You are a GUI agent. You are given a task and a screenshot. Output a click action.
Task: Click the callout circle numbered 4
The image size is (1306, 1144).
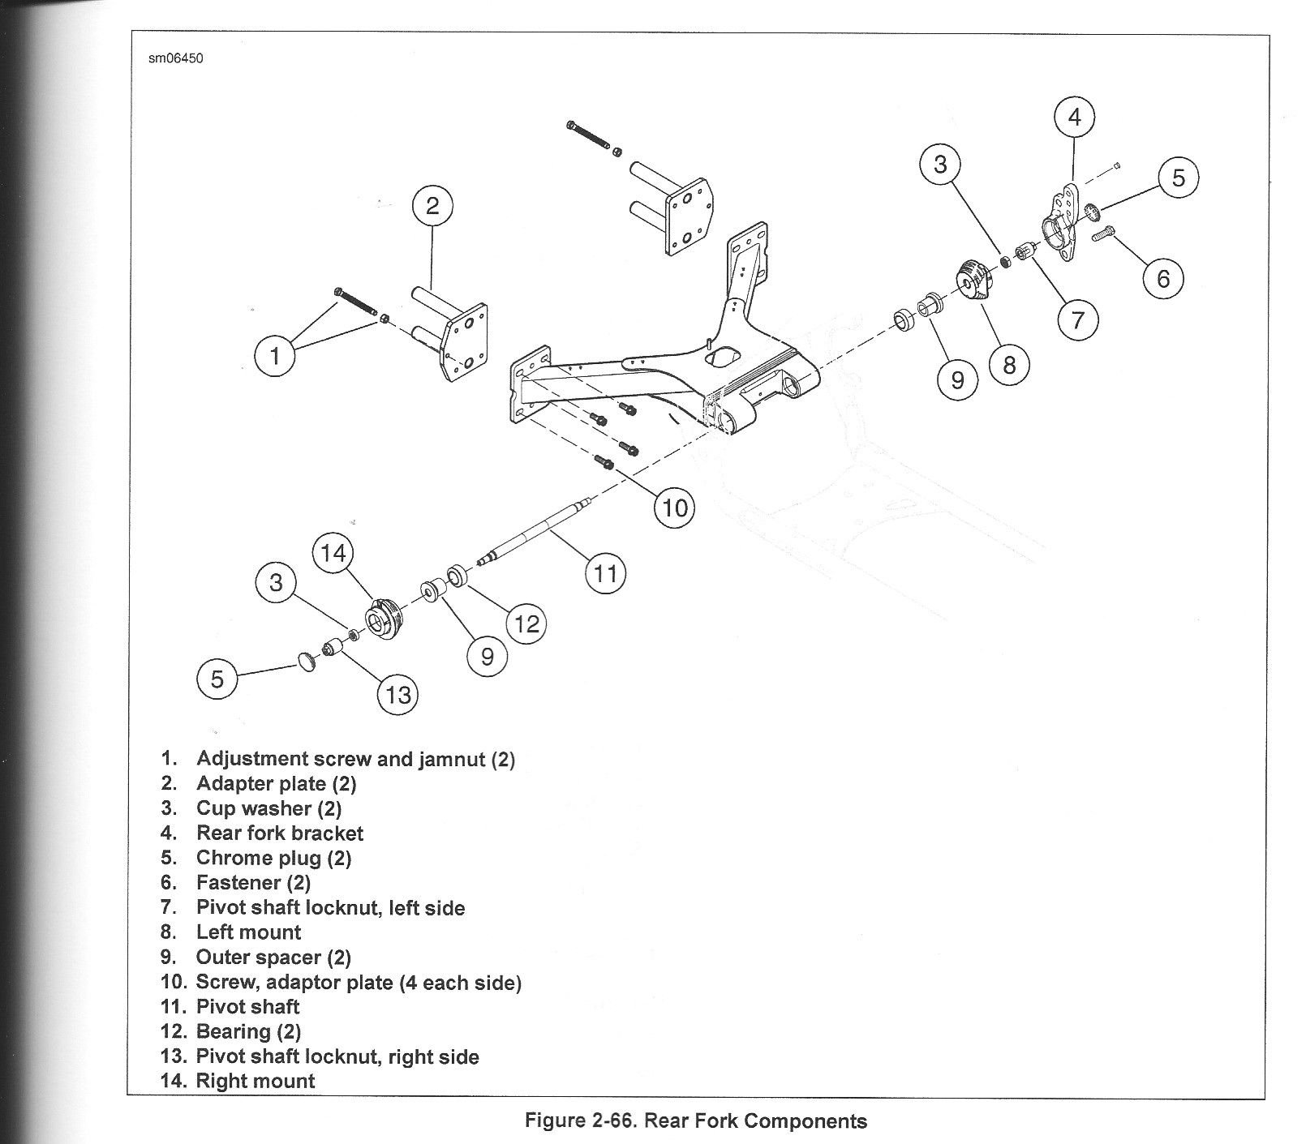1074,118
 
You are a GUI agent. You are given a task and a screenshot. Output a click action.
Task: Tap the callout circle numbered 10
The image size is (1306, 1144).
675,508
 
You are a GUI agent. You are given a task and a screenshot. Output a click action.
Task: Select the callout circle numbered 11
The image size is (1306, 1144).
605,575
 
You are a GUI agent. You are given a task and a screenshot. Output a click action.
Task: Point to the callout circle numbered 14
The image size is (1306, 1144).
333,554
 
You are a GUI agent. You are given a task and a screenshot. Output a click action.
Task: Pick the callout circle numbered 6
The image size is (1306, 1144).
1163,278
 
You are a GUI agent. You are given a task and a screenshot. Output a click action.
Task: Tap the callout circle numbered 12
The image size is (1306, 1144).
526,623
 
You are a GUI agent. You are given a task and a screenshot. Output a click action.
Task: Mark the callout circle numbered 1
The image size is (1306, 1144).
276,356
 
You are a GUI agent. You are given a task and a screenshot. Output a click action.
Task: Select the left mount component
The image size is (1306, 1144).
976,283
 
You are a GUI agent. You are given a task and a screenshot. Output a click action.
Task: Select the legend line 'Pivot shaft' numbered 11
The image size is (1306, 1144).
230,1007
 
